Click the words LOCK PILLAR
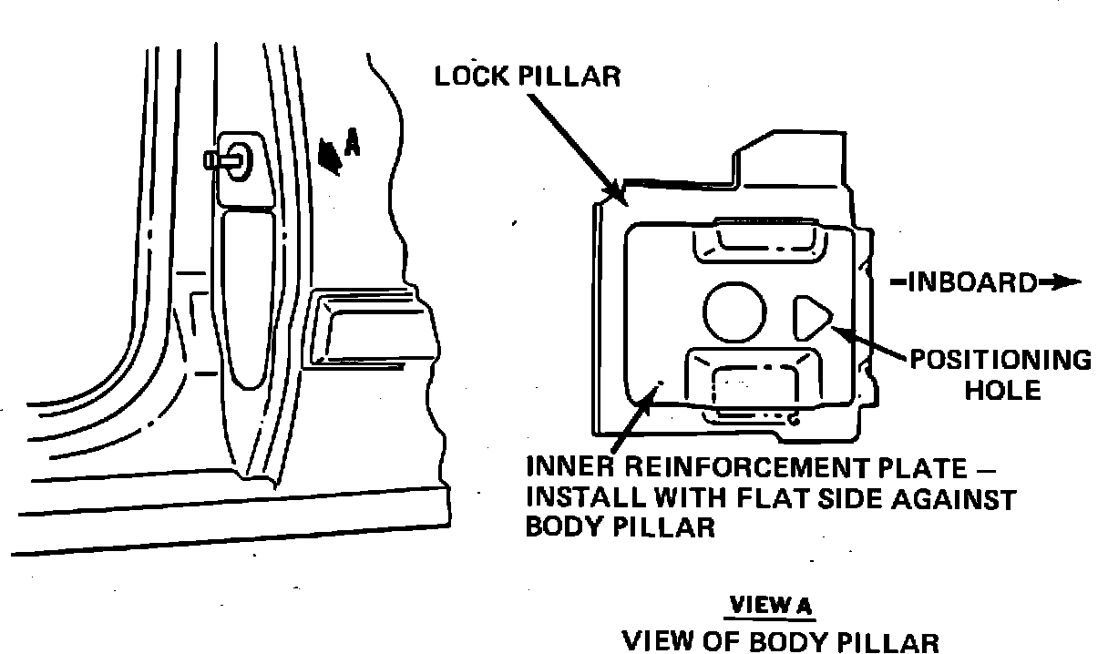[527, 76]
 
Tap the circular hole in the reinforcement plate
[734, 311]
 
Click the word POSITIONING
[1000, 361]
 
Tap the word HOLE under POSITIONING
[1002, 392]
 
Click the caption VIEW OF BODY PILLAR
[779, 640]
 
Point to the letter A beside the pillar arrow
[353, 143]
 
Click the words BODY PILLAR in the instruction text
[621, 528]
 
